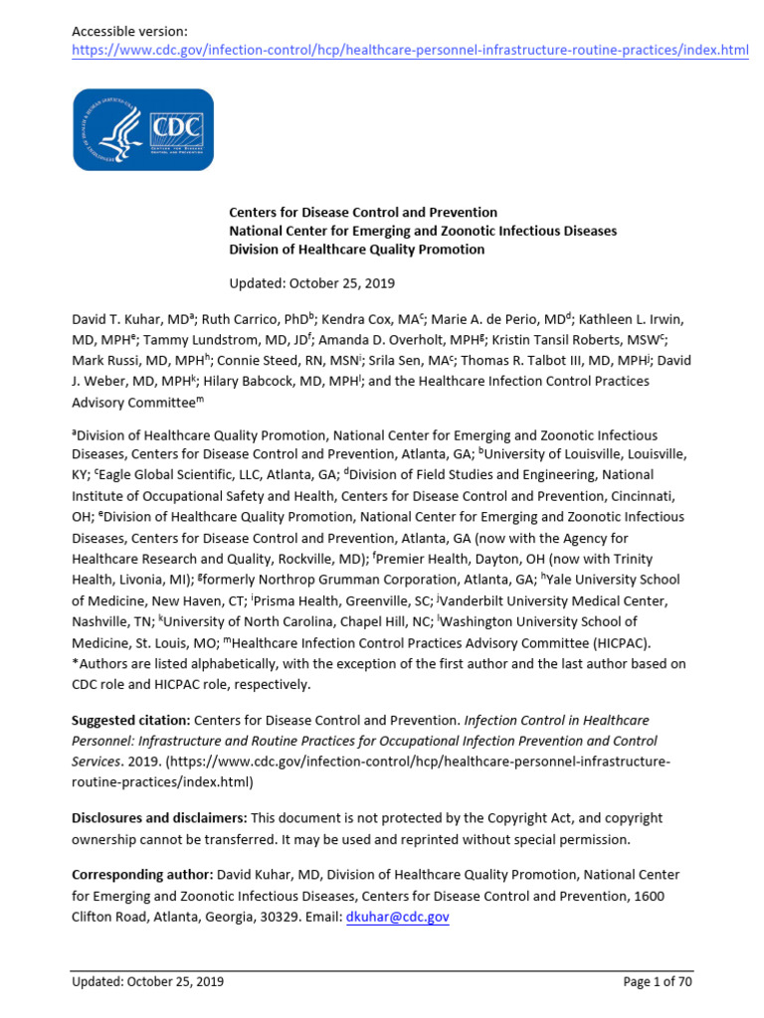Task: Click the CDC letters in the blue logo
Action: click(175, 129)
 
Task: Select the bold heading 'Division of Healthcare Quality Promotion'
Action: click(357, 250)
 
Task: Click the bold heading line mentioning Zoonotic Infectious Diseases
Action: click(423, 231)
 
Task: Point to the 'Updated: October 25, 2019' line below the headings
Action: click(311, 282)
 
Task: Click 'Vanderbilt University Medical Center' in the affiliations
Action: click(555, 600)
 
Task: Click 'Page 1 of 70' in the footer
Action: click(658, 982)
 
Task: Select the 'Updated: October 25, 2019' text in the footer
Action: click(147, 982)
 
